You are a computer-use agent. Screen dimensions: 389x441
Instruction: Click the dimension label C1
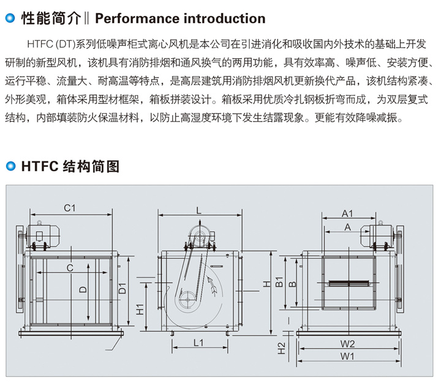point(69,208)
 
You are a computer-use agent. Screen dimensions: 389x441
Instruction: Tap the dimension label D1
point(122,287)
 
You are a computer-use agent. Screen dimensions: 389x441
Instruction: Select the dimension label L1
point(198,343)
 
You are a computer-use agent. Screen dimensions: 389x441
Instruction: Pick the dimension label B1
point(278,283)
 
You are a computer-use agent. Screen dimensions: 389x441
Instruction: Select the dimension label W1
point(348,355)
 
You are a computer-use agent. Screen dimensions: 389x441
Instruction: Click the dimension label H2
point(281,347)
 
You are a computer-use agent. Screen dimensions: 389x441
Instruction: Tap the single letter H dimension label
point(266,284)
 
